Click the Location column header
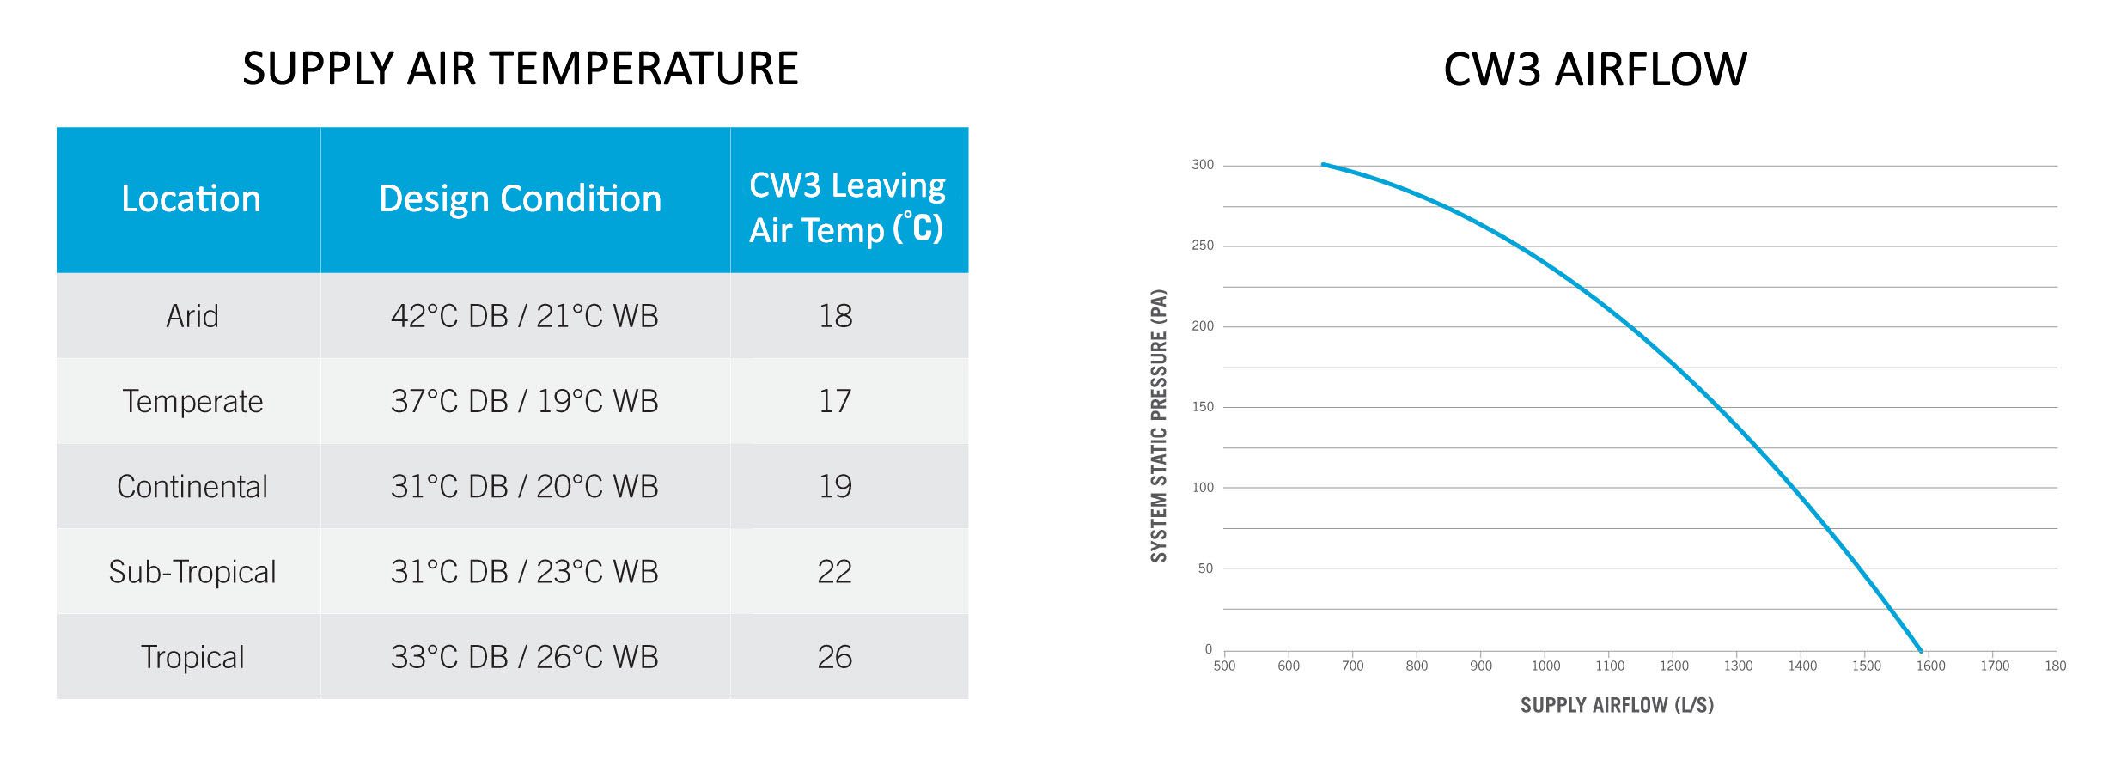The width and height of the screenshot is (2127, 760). tap(191, 199)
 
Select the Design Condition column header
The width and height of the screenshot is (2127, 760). tap(521, 199)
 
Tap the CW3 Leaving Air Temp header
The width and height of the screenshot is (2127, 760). tap(847, 208)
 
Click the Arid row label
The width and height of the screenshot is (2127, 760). tap(192, 316)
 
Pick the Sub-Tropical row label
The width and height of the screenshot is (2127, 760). tap(192, 572)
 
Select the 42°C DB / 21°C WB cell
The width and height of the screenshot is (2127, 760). tap(524, 316)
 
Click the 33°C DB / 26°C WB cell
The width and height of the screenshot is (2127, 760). tap(524, 657)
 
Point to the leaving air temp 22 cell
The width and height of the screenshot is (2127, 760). tap(834, 572)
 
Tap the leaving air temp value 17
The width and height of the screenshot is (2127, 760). tap(834, 401)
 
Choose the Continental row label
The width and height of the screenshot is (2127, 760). tap(192, 487)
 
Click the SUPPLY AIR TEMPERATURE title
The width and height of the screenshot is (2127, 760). tap(521, 69)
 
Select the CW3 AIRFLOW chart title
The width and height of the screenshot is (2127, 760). tap(1595, 69)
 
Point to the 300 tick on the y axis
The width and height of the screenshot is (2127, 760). tap(1203, 165)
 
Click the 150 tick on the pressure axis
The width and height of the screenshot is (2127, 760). tap(1203, 407)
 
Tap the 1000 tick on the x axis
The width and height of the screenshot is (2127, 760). tap(1545, 666)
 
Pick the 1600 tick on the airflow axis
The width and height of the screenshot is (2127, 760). tap(1930, 666)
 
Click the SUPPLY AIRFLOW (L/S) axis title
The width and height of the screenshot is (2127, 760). tap(1617, 706)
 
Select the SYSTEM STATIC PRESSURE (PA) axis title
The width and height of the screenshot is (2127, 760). tap(1159, 426)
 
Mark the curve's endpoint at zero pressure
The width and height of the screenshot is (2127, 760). tap(1921, 650)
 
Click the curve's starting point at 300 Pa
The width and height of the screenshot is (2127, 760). tap(1323, 164)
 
